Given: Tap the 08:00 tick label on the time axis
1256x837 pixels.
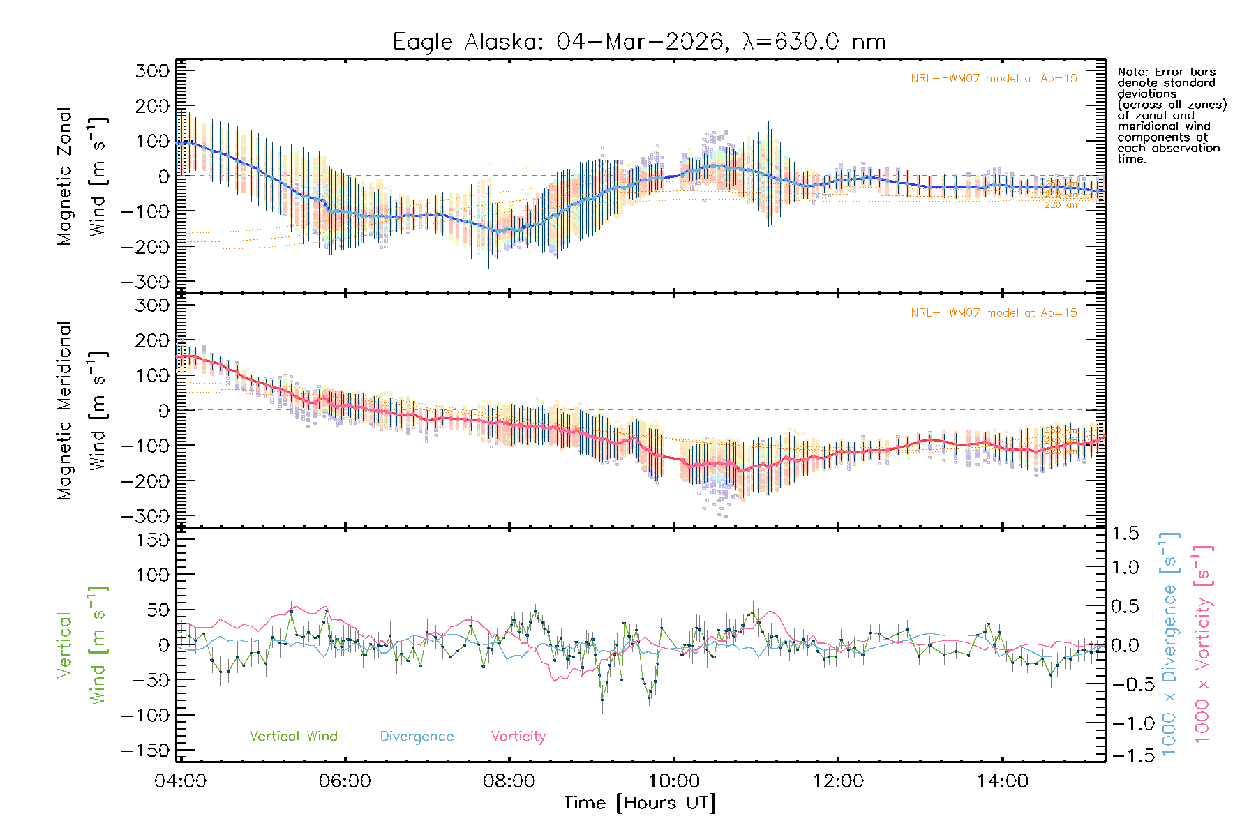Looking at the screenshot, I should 509,781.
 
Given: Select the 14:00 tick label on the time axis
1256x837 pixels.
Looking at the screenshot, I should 1003,781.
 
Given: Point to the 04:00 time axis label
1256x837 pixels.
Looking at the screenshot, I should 180,781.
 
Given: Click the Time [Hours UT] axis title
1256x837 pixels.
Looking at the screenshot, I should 640,803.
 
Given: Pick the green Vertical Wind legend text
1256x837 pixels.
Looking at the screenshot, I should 293,736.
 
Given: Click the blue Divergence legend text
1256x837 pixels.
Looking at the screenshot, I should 417,737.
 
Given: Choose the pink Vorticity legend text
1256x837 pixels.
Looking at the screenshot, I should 518,736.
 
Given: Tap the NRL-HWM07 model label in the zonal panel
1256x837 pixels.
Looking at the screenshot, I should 994,79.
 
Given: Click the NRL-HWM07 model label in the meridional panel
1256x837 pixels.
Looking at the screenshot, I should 994,313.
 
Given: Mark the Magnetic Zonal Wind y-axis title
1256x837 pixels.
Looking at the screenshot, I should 81,176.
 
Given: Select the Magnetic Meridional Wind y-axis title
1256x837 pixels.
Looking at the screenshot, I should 81,411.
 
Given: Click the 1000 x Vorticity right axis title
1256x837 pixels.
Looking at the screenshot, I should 1203,644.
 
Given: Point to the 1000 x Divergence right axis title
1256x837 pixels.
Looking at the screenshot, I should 1169,644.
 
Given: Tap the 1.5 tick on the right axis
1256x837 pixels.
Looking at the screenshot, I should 1125,534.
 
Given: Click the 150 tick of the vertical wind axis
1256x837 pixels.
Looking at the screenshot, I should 153,540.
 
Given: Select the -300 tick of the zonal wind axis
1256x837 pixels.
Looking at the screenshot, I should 145,282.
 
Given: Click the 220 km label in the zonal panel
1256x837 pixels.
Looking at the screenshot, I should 1061,205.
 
